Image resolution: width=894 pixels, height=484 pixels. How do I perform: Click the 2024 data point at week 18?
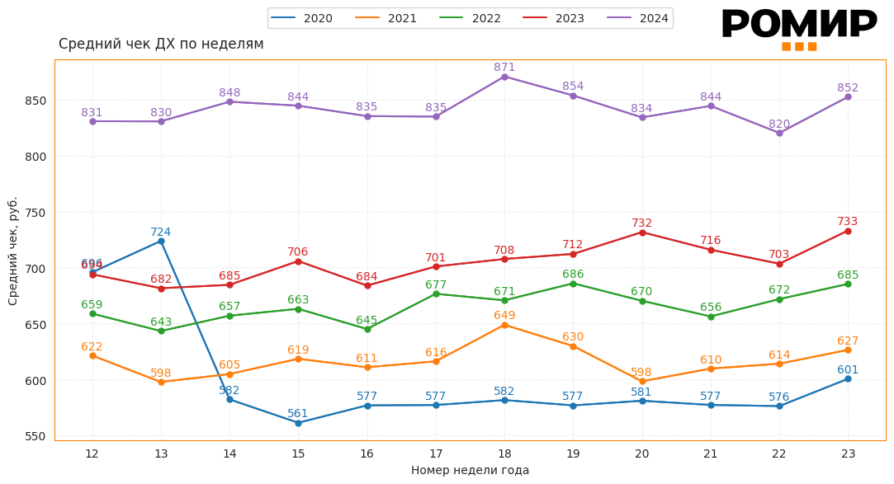click(x=504, y=77)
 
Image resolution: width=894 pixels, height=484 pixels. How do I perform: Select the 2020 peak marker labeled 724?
click(x=161, y=241)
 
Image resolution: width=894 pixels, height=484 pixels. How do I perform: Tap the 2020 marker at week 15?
click(x=298, y=423)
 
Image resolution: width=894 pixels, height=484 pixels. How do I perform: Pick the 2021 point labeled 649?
click(x=504, y=325)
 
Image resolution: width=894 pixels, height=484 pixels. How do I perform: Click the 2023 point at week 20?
click(x=642, y=233)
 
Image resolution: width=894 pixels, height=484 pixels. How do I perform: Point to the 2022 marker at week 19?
click(x=573, y=284)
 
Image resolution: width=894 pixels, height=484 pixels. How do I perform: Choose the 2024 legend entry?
click(x=641, y=18)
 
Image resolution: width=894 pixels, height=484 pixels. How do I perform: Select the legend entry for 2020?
click(x=304, y=18)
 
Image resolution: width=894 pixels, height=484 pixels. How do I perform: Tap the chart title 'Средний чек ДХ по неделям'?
click(x=161, y=44)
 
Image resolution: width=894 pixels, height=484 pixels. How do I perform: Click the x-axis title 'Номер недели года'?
click(x=470, y=470)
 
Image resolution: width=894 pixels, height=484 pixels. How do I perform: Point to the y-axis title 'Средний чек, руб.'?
click(x=13, y=251)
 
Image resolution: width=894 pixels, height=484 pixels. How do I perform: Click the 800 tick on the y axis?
click(x=35, y=157)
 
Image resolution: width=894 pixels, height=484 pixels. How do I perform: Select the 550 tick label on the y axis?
click(x=35, y=436)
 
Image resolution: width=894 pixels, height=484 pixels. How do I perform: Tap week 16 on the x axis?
click(x=367, y=453)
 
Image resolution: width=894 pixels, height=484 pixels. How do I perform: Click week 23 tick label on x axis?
click(x=848, y=453)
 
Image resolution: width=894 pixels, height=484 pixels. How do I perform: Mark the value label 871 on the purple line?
click(x=504, y=67)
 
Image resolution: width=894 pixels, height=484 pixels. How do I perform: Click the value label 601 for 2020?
click(x=848, y=369)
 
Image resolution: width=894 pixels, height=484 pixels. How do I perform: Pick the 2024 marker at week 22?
click(x=779, y=133)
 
